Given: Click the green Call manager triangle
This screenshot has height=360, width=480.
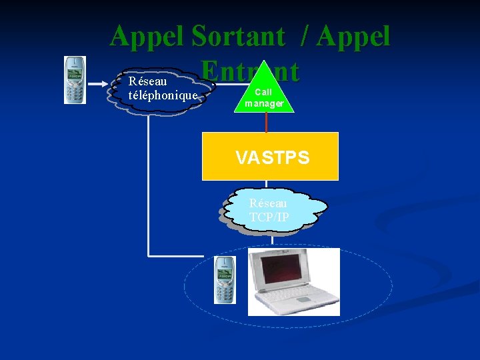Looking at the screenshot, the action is [x=265, y=90].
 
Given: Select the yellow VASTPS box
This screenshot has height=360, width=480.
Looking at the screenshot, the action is [x=270, y=157].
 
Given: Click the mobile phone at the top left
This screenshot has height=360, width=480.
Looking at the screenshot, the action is [x=75, y=80].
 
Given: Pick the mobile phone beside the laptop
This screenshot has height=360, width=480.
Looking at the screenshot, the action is [x=225, y=279].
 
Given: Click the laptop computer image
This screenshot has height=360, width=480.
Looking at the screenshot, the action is [x=293, y=281].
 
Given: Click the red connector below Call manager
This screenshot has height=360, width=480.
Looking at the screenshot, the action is [x=266, y=122].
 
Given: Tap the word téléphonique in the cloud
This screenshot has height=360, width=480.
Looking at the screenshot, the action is [x=163, y=95].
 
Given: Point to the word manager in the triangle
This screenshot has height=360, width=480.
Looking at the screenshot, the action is [x=264, y=103].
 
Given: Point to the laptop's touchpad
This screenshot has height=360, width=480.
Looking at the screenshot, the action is [x=303, y=300].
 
